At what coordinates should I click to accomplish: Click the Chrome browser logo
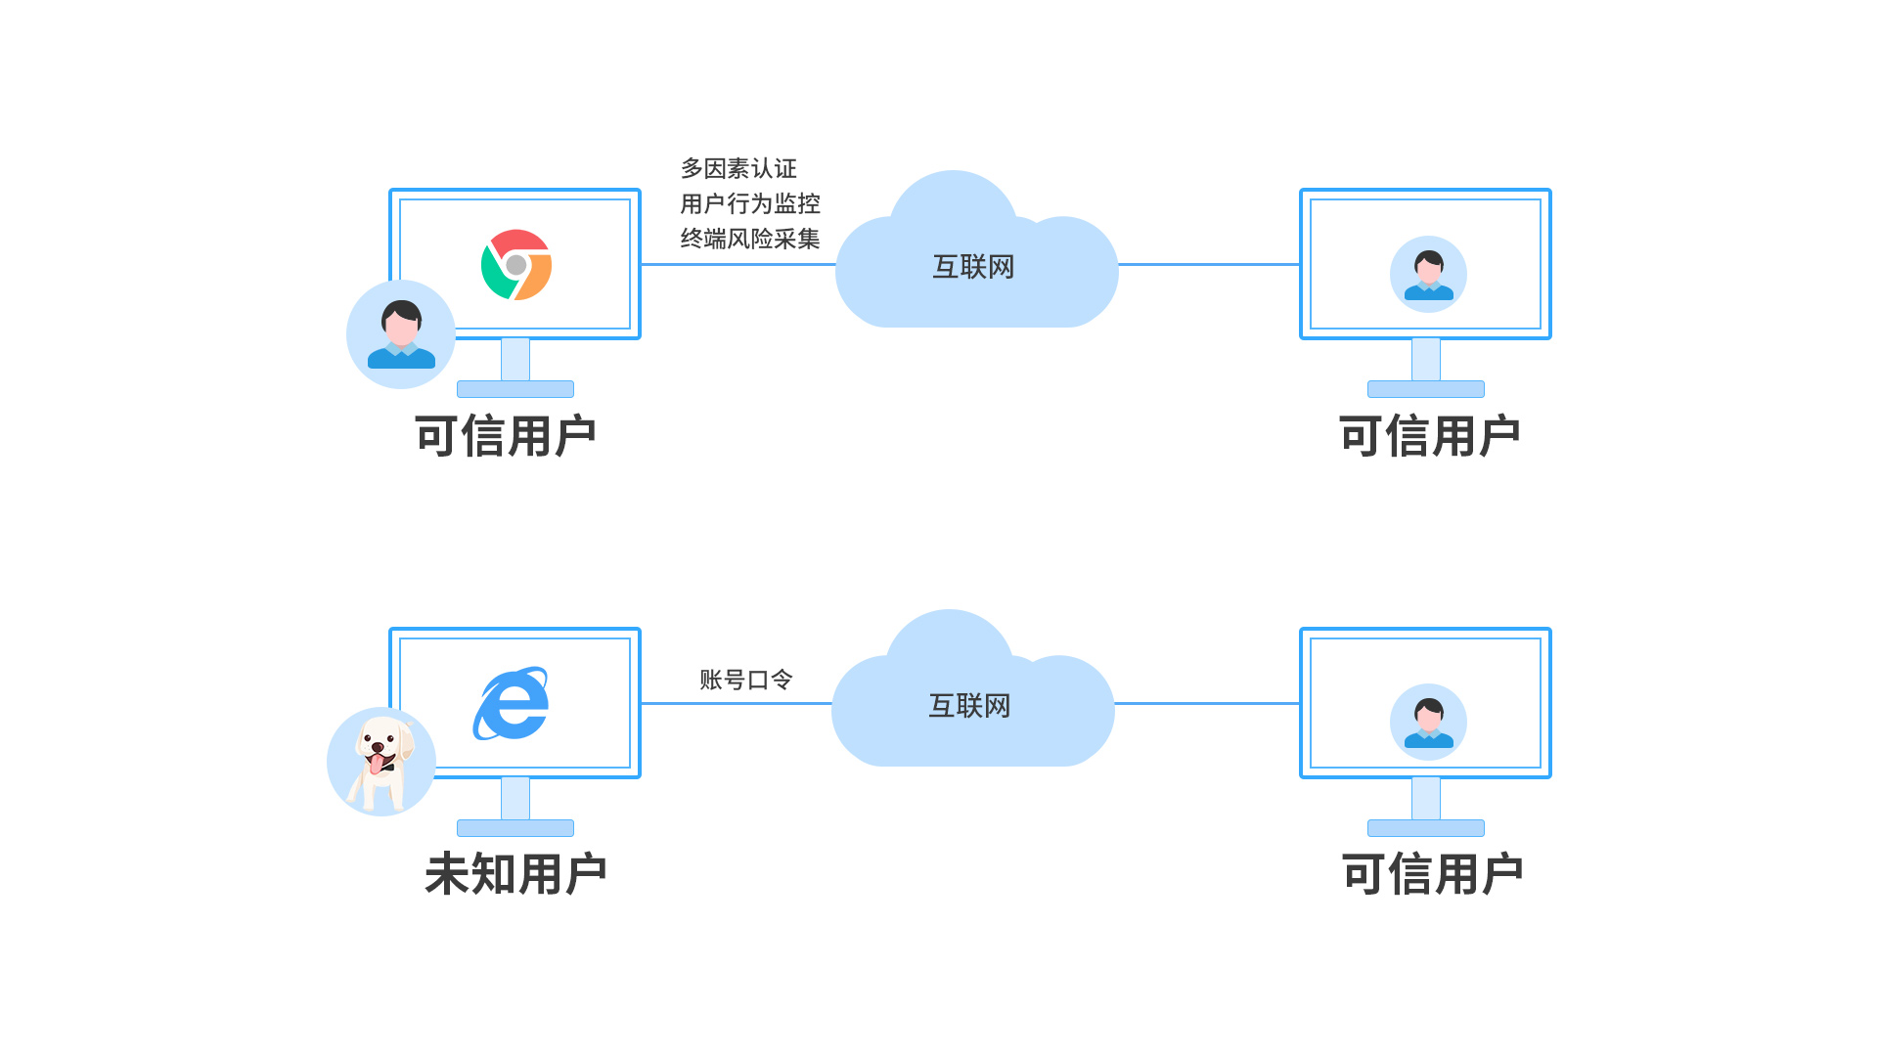click(x=515, y=265)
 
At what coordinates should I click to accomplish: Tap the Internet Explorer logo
click(x=512, y=704)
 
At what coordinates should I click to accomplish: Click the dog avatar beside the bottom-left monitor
click(x=381, y=762)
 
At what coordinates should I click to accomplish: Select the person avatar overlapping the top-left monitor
click(x=401, y=334)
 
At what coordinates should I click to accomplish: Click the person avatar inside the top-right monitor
click(x=1428, y=274)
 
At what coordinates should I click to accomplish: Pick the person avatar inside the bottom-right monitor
click(x=1428, y=722)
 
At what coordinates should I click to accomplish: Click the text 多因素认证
click(x=738, y=168)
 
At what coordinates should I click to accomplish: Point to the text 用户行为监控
click(x=750, y=203)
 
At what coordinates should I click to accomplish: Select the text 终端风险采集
click(x=750, y=239)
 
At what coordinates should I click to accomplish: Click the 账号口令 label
click(x=745, y=680)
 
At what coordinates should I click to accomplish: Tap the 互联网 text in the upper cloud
click(x=973, y=267)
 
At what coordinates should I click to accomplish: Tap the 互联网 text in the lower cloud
click(x=969, y=706)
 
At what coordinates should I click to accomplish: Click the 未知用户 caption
click(x=515, y=873)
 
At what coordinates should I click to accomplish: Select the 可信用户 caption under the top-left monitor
click(x=505, y=435)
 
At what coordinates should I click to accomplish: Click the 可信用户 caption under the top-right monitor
click(x=1428, y=435)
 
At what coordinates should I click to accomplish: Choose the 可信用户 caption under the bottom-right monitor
click(x=1431, y=873)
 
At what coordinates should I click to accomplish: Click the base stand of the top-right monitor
click(x=1425, y=389)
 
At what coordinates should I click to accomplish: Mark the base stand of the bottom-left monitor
click(x=515, y=828)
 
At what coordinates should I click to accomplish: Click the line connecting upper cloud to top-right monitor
click(x=1209, y=264)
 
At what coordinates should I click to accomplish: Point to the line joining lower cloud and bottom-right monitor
click(x=1207, y=703)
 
